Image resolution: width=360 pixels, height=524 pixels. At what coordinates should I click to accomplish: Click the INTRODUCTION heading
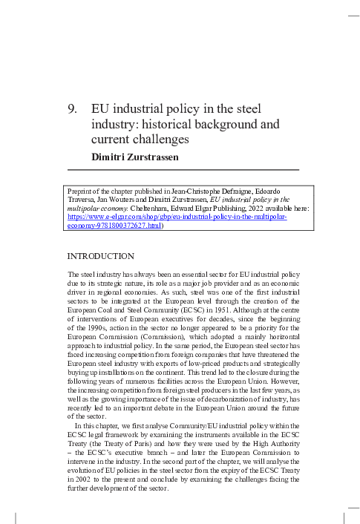click(x=100, y=256)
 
